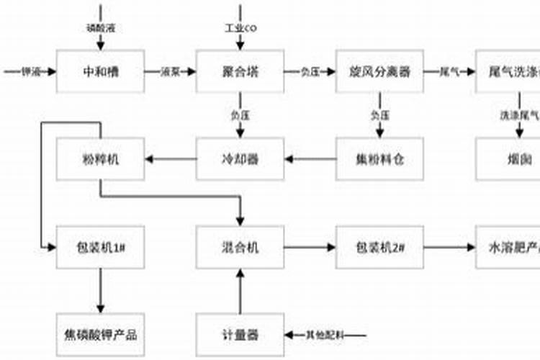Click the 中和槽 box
tap(100, 71)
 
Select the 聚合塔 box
tap(240, 71)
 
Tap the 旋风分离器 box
tap(380, 71)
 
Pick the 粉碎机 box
tap(100, 159)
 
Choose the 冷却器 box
tap(240, 159)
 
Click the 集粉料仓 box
tap(380, 159)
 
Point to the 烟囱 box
tap(508, 159)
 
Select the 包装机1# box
tap(100, 248)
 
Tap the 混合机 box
tap(240, 248)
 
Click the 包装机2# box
tap(380, 248)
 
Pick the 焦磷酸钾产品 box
tap(100, 335)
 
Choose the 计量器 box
tap(240, 335)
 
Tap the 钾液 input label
tap(30, 71)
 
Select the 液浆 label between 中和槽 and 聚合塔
tap(170, 71)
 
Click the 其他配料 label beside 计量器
tap(325, 335)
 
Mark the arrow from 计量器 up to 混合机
tap(240, 292)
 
